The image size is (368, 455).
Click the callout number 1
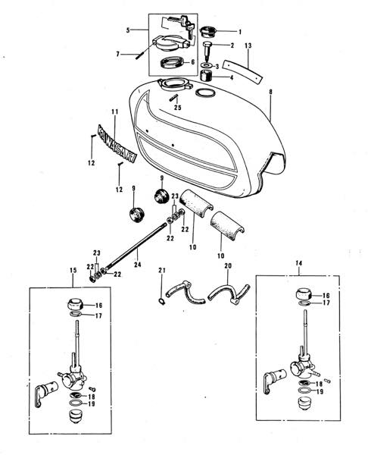[x=239, y=32]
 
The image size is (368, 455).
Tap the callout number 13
[x=248, y=45]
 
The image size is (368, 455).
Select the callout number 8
[x=270, y=92]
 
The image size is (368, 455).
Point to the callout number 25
[x=178, y=108]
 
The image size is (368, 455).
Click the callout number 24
[x=138, y=265]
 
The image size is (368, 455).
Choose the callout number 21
[x=162, y=271]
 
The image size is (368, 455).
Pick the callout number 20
[x=228, y=265]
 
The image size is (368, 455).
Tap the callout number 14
[x=299, y=263]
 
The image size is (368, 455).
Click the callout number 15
[x=73, y=271]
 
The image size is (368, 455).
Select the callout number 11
[x=115, y=111]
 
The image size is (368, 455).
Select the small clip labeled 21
[x=162, y=303]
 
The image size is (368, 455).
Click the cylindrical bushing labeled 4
[x=206, y=75]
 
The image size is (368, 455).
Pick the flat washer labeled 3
[x=206, y=64]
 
